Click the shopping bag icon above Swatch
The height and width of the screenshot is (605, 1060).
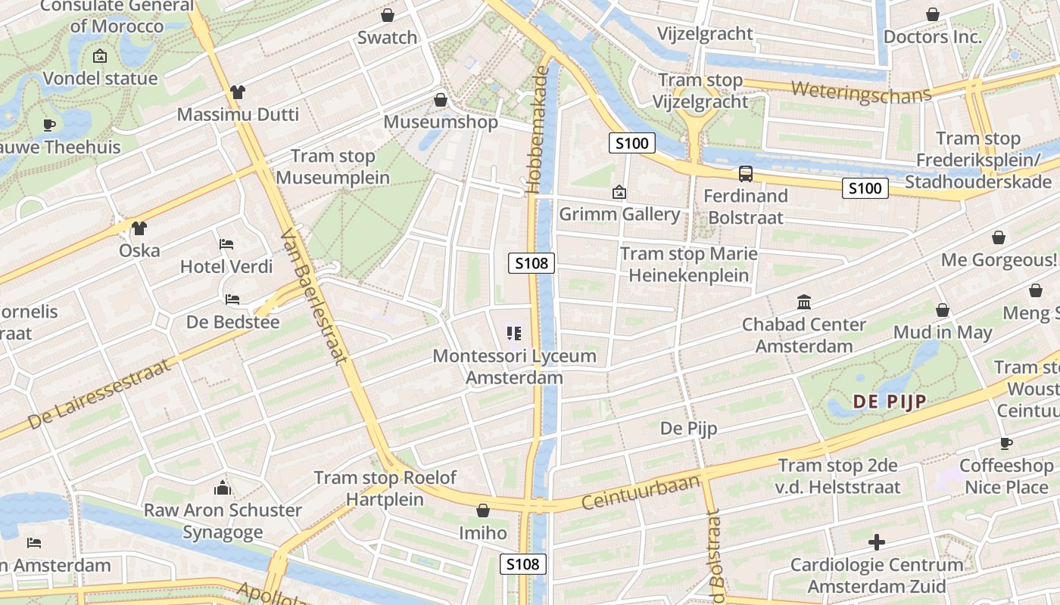point(388,15)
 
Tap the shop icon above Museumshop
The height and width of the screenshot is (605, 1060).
point(441,100)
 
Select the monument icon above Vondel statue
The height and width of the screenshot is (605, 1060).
point(99,56)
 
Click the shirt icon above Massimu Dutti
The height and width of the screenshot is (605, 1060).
point(238,92)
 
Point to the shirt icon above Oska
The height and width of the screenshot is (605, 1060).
point(139,228)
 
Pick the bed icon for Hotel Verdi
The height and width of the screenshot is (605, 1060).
point(226,244)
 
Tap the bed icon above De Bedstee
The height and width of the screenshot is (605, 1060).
point(232,299)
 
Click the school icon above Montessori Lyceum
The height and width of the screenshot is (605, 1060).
point(514,333)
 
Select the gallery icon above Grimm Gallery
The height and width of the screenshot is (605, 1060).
point(619,192)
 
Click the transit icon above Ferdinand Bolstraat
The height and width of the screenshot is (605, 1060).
point(745,174)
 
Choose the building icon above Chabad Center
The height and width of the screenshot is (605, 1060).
point(804,302)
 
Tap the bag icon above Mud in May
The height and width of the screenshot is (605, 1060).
point(943,310)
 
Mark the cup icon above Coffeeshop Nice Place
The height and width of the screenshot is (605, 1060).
point(1005,443)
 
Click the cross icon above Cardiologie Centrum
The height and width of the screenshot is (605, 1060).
point(877,542)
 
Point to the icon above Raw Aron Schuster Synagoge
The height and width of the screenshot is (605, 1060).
point(223,488)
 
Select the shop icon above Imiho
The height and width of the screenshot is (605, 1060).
point(482,510)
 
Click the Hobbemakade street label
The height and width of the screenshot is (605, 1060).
point(539,130)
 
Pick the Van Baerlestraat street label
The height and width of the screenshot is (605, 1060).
point(313,298)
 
